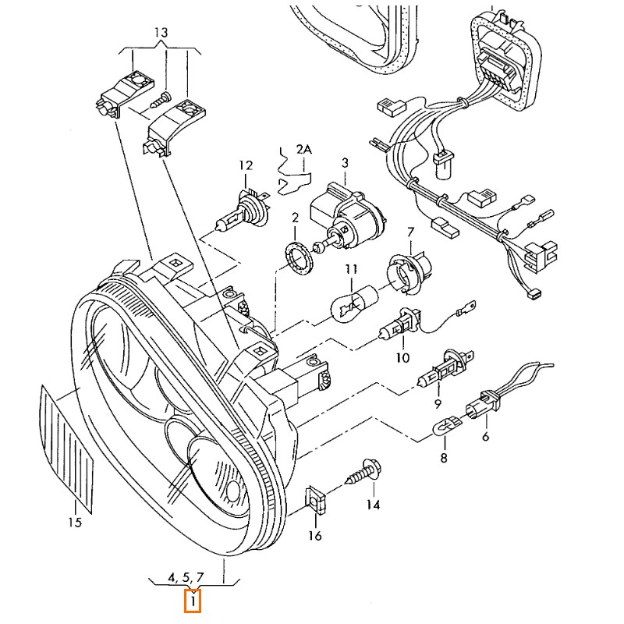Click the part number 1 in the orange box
click(193, 601)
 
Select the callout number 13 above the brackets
click(161, 33)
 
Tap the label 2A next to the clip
click(303, 148)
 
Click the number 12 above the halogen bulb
click(246, 165)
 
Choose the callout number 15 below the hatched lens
click(74, 523)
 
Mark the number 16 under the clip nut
click(314, 535)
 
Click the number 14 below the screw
click(373, 505)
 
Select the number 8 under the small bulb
click(443, 459)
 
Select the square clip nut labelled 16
click(314, 498)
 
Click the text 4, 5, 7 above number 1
click(185, 577)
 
